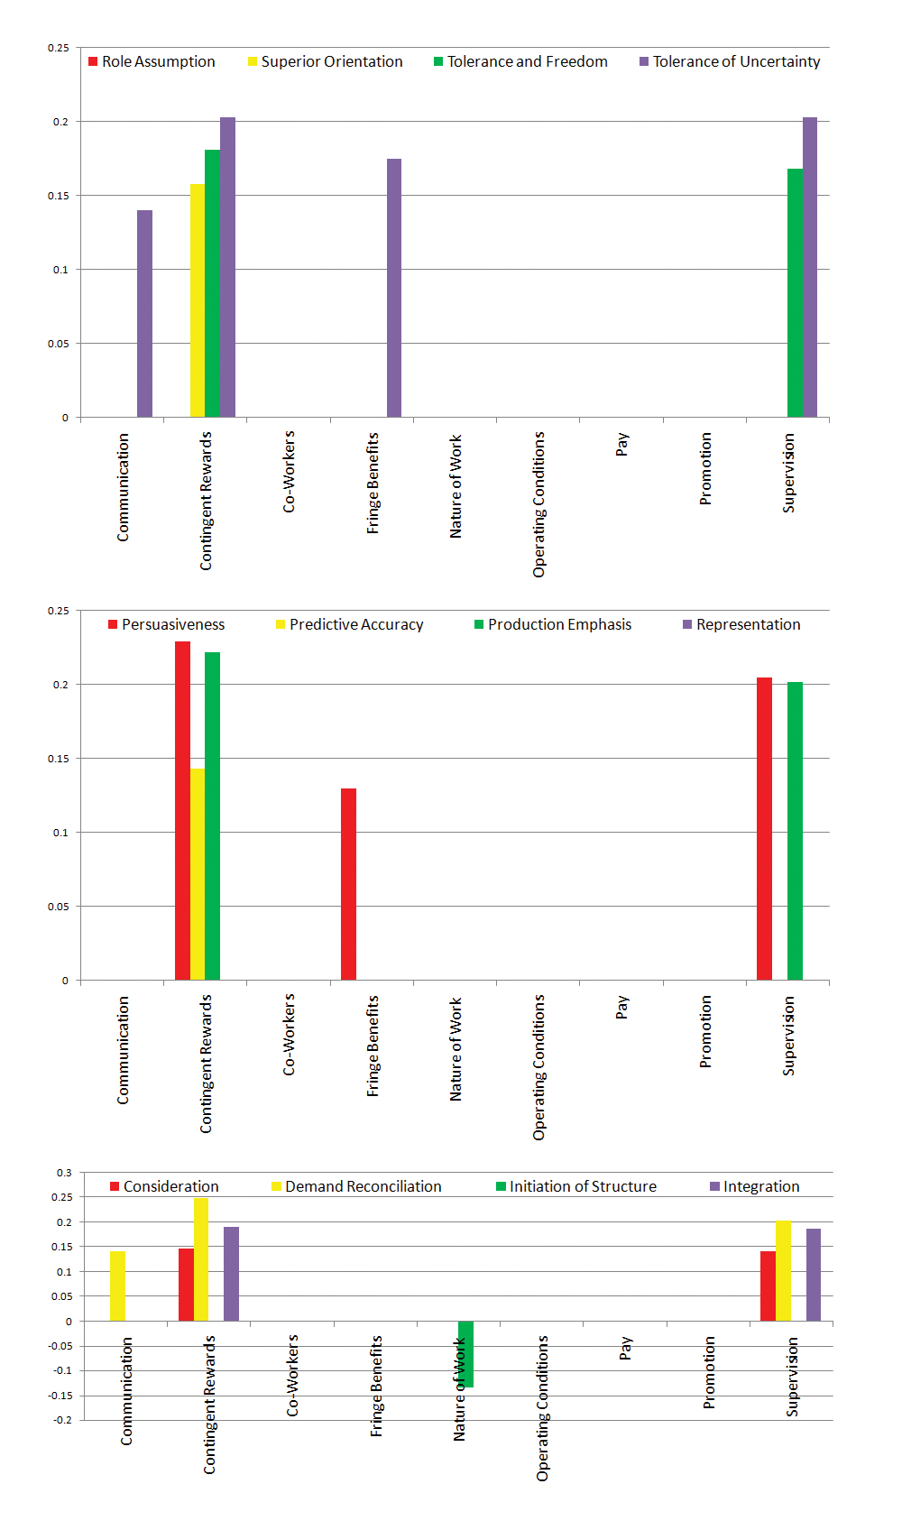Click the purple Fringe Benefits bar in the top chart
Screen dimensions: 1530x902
point(394,288)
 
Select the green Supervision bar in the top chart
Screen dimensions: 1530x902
point(795,292)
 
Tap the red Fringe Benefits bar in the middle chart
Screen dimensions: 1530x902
point(348,884)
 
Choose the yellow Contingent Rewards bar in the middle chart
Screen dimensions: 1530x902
point(198,874)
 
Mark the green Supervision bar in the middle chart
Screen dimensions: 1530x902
point(795,831)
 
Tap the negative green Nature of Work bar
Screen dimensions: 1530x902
point(465,1354)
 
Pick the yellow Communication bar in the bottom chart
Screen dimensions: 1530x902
point(117,1286)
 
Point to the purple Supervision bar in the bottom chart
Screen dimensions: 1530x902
point(814,1275)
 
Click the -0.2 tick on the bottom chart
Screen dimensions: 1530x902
point(62,1420)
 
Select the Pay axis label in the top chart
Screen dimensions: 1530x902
point(622,444)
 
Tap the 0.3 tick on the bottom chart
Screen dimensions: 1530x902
point(64,1173)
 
